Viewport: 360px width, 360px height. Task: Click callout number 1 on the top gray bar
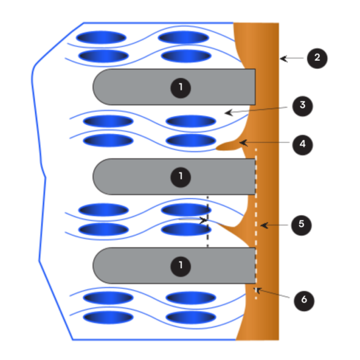181,88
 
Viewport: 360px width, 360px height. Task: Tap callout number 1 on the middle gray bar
181,177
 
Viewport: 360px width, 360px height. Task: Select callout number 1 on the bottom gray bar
181,266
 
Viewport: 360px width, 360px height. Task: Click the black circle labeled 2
317,58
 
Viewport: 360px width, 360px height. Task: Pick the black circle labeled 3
303,106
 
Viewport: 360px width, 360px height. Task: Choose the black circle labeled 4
303,145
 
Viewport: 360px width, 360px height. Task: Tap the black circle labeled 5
301,225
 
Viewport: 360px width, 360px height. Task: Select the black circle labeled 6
304,301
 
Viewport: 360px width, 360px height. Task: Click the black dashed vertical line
208,221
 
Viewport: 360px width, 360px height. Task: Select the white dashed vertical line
256,224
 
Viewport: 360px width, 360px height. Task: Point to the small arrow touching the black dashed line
193,220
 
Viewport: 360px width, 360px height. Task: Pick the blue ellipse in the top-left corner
101,38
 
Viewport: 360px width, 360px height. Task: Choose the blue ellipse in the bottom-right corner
190,317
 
